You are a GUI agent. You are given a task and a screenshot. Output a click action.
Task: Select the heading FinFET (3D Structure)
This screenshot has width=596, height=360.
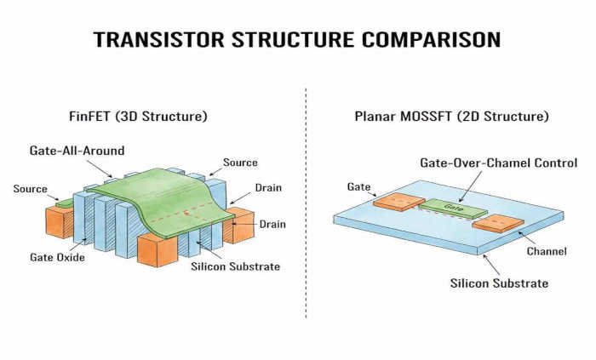pos(138,116)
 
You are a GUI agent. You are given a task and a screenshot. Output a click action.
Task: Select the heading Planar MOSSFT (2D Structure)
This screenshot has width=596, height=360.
pos(450,116)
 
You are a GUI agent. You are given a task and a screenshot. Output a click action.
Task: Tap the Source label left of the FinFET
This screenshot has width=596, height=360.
pos(30,189)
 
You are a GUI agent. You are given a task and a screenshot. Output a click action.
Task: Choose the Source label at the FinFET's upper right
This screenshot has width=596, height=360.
pos(240,163)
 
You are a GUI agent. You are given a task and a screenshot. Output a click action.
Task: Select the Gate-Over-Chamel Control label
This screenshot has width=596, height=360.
pos(499,163)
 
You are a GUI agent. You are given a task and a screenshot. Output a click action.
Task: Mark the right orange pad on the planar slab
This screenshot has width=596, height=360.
pos(499,224)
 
